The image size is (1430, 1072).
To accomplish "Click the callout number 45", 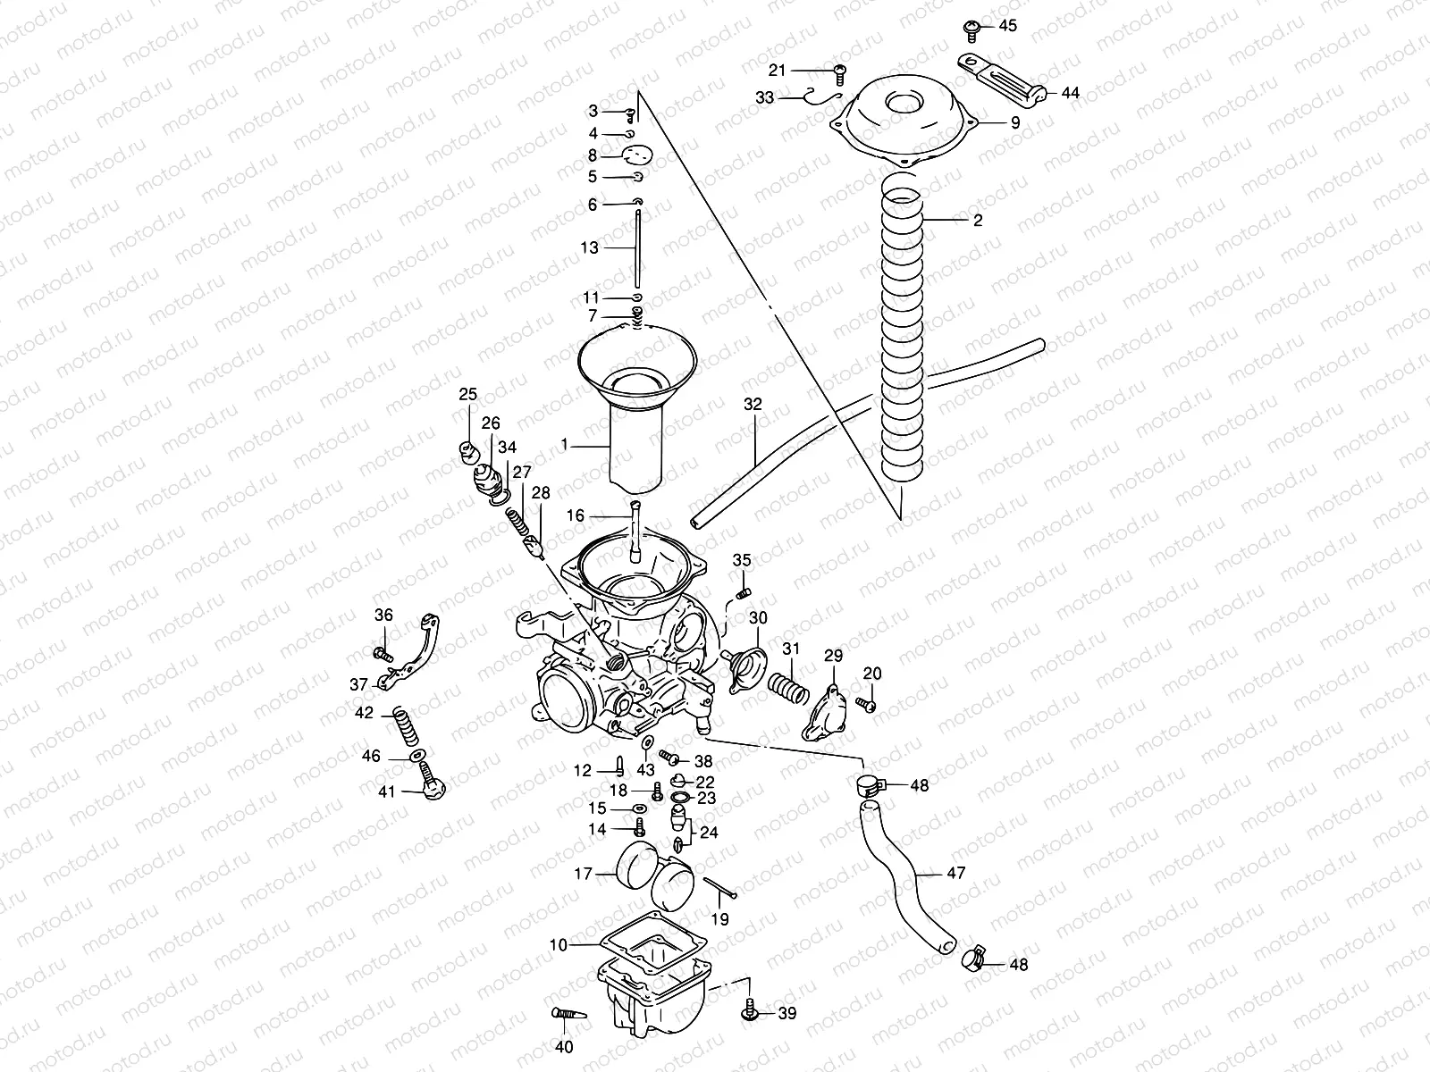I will tap(1007, 26).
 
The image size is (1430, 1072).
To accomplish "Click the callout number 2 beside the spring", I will tap(978, 220).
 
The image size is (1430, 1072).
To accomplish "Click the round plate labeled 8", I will tap(634, 155).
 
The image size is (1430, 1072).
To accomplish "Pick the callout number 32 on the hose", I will tap(753, 405).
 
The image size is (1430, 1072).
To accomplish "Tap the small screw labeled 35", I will tap(742, 592).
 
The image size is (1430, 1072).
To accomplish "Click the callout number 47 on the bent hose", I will tap(955, 873).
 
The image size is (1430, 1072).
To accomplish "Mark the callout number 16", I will tap(575, 515).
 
